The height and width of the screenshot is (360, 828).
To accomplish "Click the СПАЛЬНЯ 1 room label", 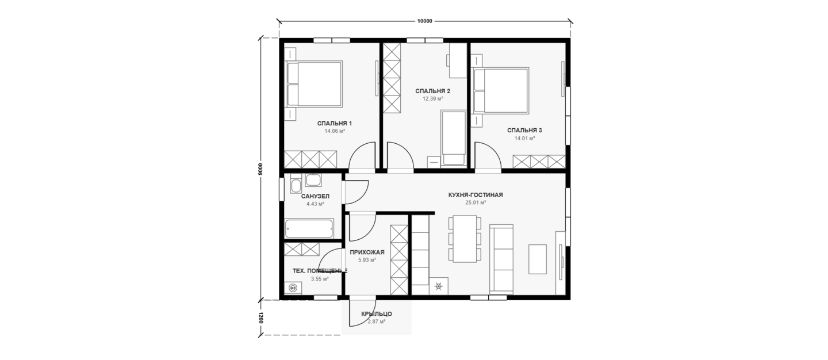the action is (334, 124).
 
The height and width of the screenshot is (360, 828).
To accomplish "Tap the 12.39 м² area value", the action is (433, 99).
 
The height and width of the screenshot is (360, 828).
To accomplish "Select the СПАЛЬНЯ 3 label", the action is (524, 131).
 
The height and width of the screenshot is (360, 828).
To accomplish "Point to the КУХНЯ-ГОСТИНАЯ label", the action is (476, 195).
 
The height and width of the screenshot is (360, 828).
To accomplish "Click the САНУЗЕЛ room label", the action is (315, 196).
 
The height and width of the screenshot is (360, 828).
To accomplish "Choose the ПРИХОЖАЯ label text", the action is (367, 252).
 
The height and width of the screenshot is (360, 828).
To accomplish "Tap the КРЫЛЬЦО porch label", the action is (377, 314).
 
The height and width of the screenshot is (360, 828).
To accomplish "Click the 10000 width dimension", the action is (425, 21).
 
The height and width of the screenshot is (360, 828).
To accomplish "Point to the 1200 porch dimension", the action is (260, 318).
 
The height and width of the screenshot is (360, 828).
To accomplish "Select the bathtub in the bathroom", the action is (309, 229).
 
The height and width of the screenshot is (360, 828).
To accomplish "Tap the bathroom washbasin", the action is (313, 180).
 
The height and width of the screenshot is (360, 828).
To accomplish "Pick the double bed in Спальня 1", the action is (315, 85).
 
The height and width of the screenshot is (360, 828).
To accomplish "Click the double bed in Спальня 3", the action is (501, 90).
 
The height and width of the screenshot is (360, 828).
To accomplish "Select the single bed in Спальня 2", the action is (454, 137).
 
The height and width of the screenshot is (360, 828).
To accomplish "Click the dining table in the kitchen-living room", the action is (465, 239).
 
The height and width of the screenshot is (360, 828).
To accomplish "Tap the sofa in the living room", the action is (501, 259).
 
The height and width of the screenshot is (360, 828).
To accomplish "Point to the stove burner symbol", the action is (438, 286).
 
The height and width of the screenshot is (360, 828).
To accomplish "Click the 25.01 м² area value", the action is (476, 202).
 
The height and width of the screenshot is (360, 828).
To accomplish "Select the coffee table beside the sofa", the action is (538, 259).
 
